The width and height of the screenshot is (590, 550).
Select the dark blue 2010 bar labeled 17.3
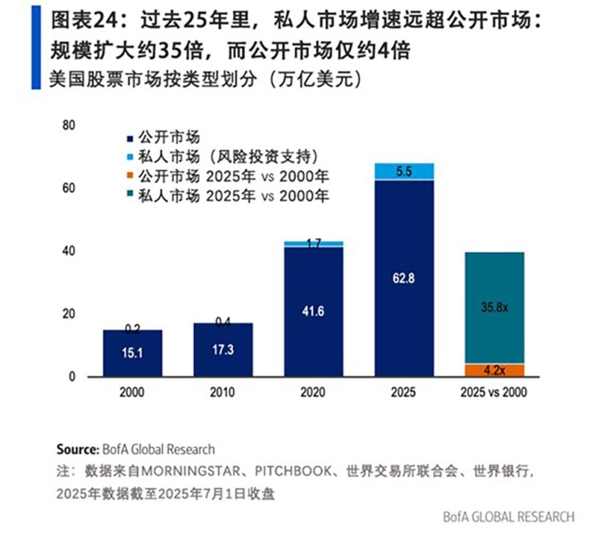pyautogui.click(x=223, y=350)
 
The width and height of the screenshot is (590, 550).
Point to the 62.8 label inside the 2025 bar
pyautogui.click(x=404, y=279)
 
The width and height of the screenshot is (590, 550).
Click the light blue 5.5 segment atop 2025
pyautogui.click(x=404, y=171)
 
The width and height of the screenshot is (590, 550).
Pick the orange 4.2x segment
pyautogui.click(x=495, y=370)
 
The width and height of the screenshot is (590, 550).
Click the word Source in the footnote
pyautogui.click(x=75, y=449)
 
